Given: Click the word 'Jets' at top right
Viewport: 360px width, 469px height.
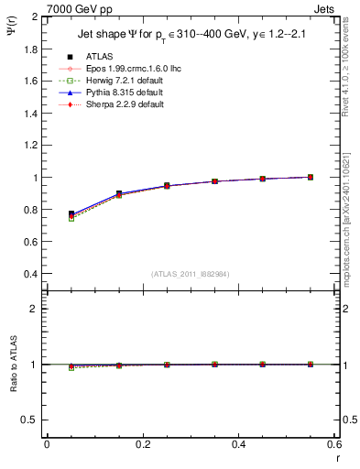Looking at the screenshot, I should coord(326,8).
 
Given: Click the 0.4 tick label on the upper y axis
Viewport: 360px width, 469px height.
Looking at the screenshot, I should coord(31,274).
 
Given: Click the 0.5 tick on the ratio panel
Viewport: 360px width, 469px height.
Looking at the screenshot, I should coord(31,420).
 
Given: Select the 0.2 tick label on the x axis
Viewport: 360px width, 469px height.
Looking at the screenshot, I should coord(143,443).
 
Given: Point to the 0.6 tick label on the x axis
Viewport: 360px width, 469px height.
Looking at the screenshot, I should coord(334,443).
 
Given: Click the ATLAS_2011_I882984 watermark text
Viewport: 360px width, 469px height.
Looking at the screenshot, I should coord(191,274).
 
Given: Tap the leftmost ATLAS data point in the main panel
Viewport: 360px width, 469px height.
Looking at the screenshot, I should coord(71,213).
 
